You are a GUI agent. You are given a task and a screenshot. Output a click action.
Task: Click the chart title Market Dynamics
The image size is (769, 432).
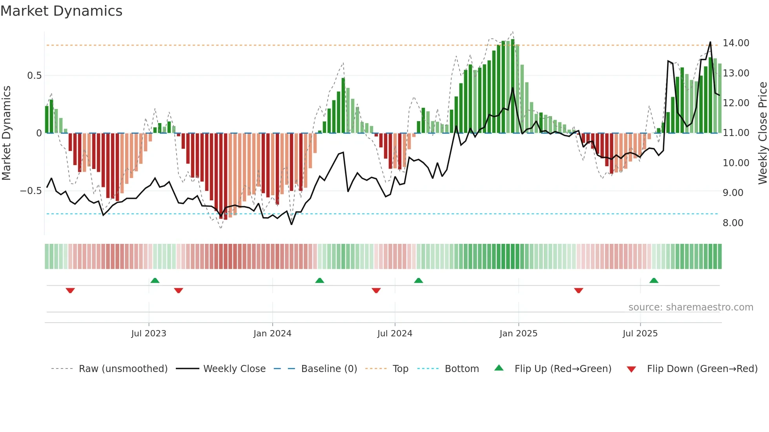point(61,11)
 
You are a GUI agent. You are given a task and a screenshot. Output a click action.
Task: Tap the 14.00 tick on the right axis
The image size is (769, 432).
point(736,43)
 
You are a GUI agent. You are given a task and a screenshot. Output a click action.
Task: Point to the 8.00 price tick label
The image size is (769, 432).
point(733,223)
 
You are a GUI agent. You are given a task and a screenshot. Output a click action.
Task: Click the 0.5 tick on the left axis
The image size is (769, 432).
point(34,76)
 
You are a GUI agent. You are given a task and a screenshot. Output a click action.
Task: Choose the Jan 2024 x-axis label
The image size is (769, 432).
point(272,334)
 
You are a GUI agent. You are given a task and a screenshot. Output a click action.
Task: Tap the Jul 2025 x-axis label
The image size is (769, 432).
point(640,334)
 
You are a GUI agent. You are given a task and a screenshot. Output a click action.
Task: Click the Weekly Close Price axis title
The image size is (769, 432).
point(762,133)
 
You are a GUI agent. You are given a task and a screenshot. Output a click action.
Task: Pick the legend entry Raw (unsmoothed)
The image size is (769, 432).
point(123,369)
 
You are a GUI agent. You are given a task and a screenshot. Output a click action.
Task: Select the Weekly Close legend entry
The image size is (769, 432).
point(234,369)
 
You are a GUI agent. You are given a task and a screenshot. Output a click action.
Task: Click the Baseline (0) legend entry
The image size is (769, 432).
point(329,369)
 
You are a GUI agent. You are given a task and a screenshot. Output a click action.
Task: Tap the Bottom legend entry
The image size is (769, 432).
point(461,369)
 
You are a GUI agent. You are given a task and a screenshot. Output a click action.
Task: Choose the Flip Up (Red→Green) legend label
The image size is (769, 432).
point(563,369)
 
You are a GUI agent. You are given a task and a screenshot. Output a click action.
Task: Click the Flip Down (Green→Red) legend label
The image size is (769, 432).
point(702,369)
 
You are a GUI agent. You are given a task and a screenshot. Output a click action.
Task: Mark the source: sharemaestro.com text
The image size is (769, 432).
point(691,307)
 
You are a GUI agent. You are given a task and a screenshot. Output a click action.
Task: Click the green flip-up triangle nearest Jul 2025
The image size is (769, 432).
point(654,281)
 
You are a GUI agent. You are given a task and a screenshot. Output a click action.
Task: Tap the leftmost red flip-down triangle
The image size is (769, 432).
point(70,290)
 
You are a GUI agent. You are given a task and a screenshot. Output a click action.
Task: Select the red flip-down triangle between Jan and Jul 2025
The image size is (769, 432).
point(578,290)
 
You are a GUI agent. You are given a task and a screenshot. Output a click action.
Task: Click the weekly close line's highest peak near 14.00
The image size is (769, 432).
point(710,42)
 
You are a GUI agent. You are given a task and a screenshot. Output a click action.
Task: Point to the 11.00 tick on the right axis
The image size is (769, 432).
point(736,133)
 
